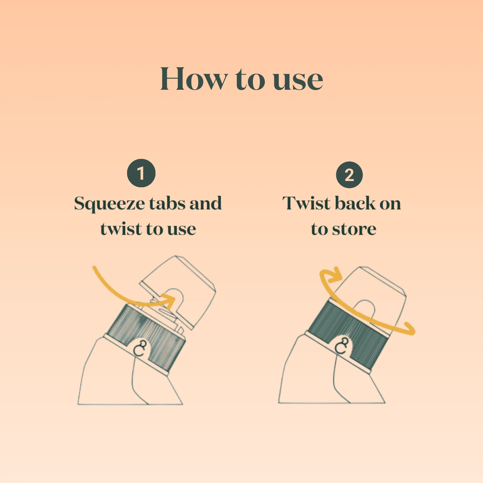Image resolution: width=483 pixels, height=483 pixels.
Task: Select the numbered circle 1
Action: (x=141, y=173)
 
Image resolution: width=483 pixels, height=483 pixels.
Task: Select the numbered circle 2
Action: (x=349, y=175)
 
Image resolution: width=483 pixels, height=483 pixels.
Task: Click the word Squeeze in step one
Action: (x=110, y=204)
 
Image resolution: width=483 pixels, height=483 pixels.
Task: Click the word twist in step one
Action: (x=121, y=229)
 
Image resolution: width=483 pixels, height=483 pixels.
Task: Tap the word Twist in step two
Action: (x=307, y=203)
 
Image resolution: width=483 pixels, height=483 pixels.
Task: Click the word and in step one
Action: (x=206, y=203)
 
